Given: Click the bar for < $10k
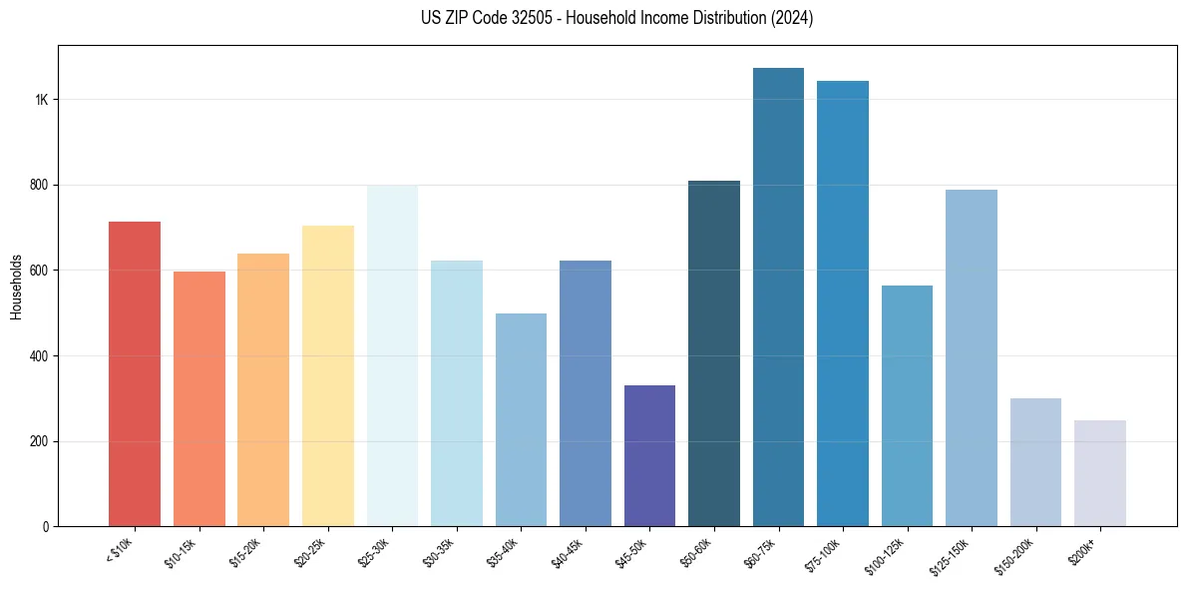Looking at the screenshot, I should pyautogui.click(x=135, y=374).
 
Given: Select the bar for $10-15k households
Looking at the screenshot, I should pyautogui.click(x=198, y=399).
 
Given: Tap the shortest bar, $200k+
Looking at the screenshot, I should pyautogui.click(x=1100, y=473).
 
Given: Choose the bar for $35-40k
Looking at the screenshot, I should pyautogui.click(x=521, y=420).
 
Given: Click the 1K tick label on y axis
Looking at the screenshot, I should pyautogui.click(x=42, y=100).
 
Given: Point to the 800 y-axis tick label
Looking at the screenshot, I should pyautogui.click(x=40, y=186).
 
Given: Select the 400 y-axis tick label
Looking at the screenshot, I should pyautogui.click(x=40, y=356).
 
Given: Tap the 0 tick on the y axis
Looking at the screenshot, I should pyautogui.click(x=46, y=527).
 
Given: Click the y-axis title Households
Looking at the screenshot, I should pyautogui.click(x=17, y=287).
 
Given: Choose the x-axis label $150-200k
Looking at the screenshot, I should pyautogui.click(x=1021, y=557).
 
